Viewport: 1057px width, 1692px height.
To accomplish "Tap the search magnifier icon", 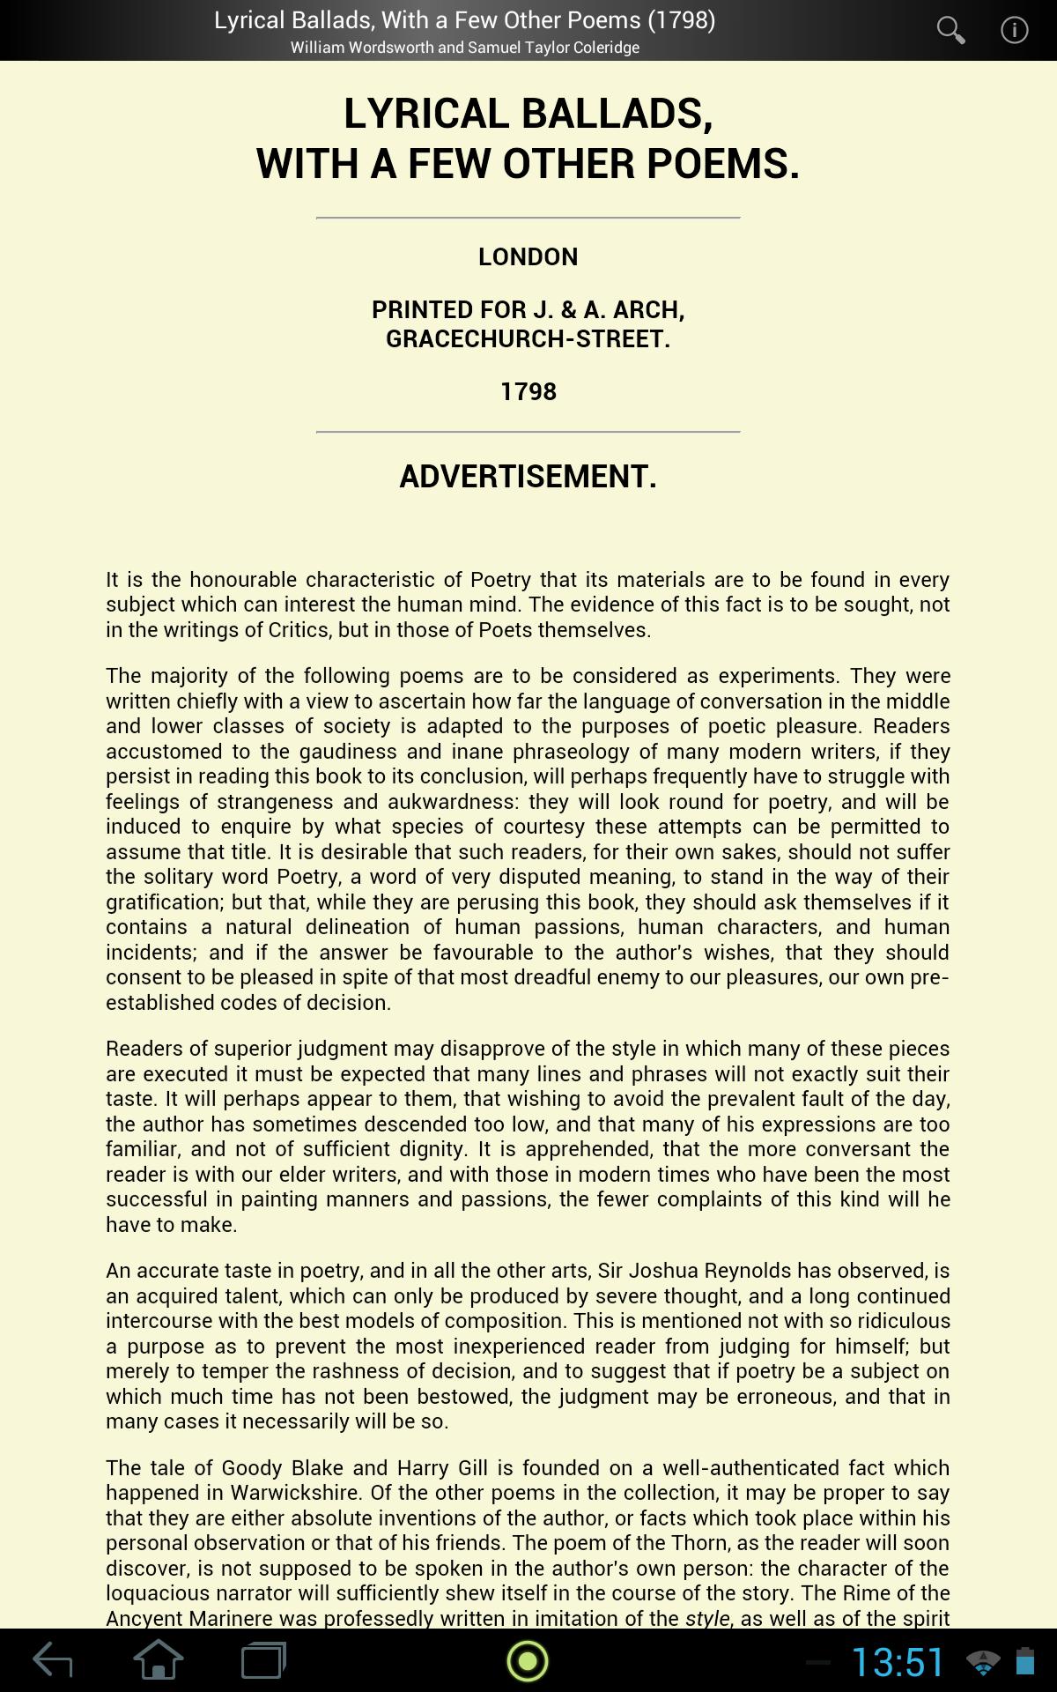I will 950,31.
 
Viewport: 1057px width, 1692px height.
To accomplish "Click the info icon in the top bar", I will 1014,31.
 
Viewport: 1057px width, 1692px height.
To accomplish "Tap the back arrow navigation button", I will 53,1661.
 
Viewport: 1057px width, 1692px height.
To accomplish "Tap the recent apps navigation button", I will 263,1661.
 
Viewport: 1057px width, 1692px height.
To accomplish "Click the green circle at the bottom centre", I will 528,1661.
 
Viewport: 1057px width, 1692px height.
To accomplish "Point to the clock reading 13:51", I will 898,1662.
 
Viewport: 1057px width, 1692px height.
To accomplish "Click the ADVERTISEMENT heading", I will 528,477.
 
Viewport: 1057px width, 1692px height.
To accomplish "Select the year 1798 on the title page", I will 528,391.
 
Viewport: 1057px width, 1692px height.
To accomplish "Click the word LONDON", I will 528,257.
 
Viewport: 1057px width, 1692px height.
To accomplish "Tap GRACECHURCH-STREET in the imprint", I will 528,339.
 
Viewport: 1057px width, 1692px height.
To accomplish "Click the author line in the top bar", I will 465,48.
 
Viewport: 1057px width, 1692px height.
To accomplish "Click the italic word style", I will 707,1619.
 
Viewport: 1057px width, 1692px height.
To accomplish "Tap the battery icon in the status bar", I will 1024,1661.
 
